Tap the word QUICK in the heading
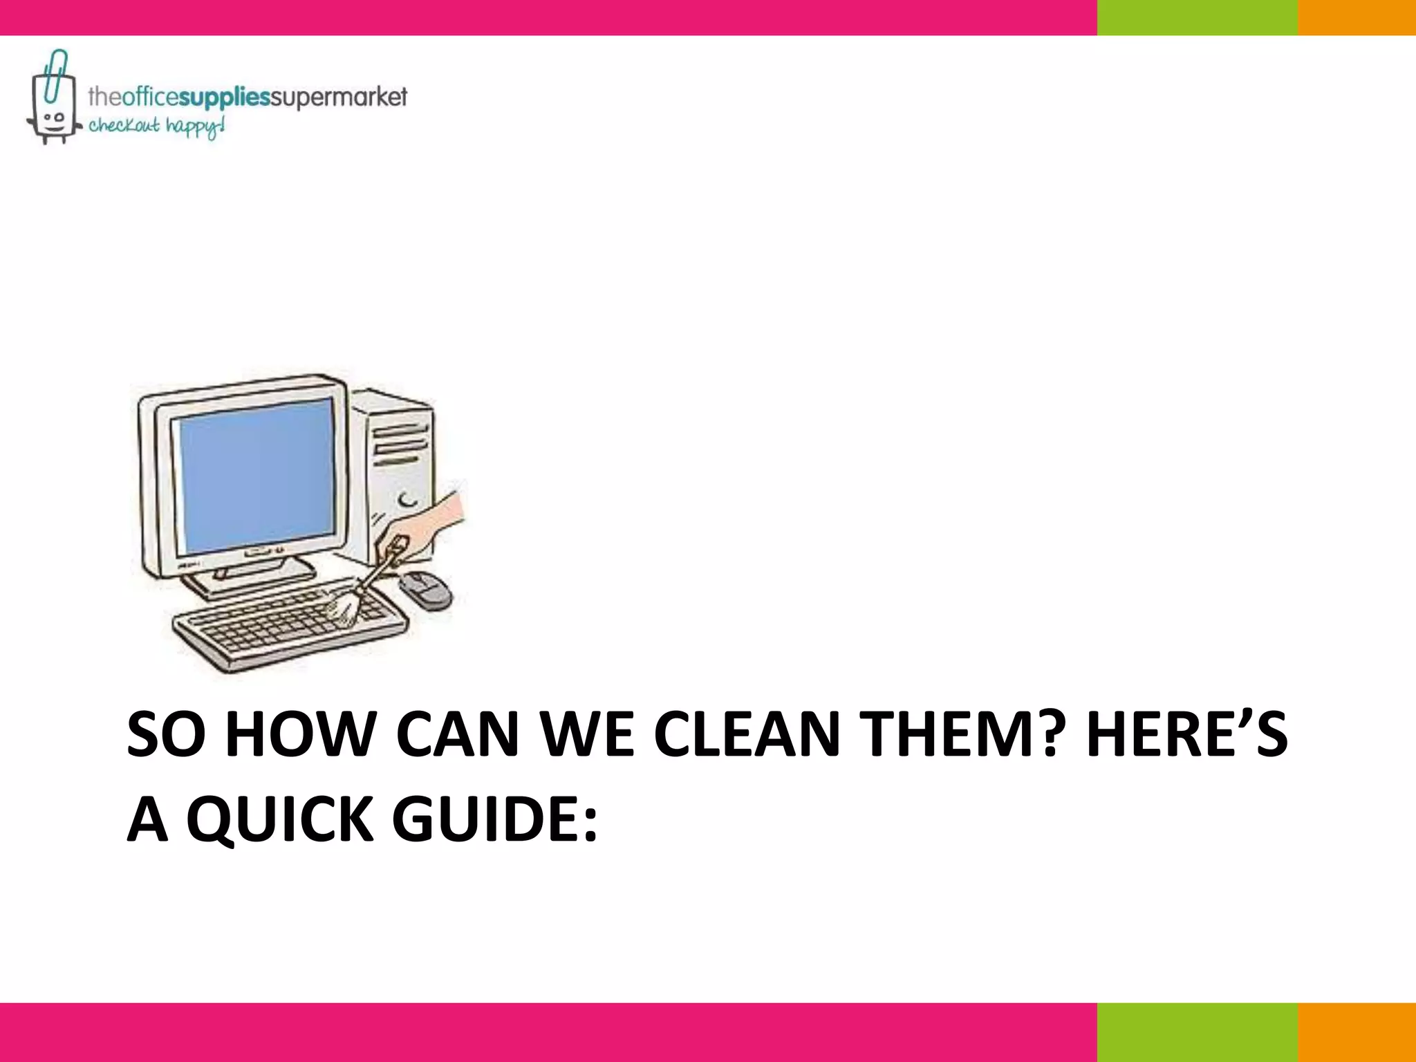pos(280,819)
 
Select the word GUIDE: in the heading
pos(494,819)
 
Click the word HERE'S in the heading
pos(1186,734)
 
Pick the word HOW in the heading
pos(299,734)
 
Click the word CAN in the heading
pos(457,734)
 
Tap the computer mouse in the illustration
pos(425,590)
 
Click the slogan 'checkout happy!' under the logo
pos(156,127)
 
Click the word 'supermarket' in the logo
pos(338,97)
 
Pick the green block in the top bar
pos(1197,17)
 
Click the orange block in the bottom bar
pos(1357,1032)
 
